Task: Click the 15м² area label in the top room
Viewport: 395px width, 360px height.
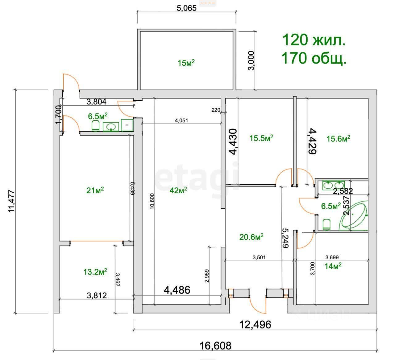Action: (x=186, y=63)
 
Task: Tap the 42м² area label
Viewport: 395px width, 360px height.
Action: (x=178, y=190)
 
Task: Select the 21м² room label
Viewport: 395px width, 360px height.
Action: (x=95, y=190)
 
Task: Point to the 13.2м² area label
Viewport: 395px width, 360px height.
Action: (x=95, y=272)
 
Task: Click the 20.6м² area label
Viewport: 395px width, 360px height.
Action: (x=251, y=237)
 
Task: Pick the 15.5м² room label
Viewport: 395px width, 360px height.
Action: (x=261, y=138)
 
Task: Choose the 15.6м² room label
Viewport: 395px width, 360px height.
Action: (x=338, y=139)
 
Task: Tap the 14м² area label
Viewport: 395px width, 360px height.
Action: (x=333, y=266)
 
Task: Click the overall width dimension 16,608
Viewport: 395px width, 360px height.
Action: (x=215, y=346)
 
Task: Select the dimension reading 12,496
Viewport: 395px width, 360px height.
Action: (x=255, y=324)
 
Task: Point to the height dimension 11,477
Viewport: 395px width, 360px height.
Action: (x=12, y=201)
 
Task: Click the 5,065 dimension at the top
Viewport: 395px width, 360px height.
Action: (x=186, y=8)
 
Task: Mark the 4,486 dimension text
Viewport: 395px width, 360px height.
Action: (x=177, y=290)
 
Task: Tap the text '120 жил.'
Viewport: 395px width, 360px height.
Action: (x=314, y=40)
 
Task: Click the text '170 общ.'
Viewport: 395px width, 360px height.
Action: (x=314, y=58)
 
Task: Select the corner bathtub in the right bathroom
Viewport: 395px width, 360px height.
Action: (x=354, y=216)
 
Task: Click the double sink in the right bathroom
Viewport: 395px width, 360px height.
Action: (x=334, y=186)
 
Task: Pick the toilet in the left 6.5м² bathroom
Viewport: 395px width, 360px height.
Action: (x=95, y=126)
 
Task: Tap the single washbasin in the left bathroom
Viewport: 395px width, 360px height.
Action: (x=111, y=127)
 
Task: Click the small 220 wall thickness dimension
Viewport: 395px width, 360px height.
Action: (x=216, y=110)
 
